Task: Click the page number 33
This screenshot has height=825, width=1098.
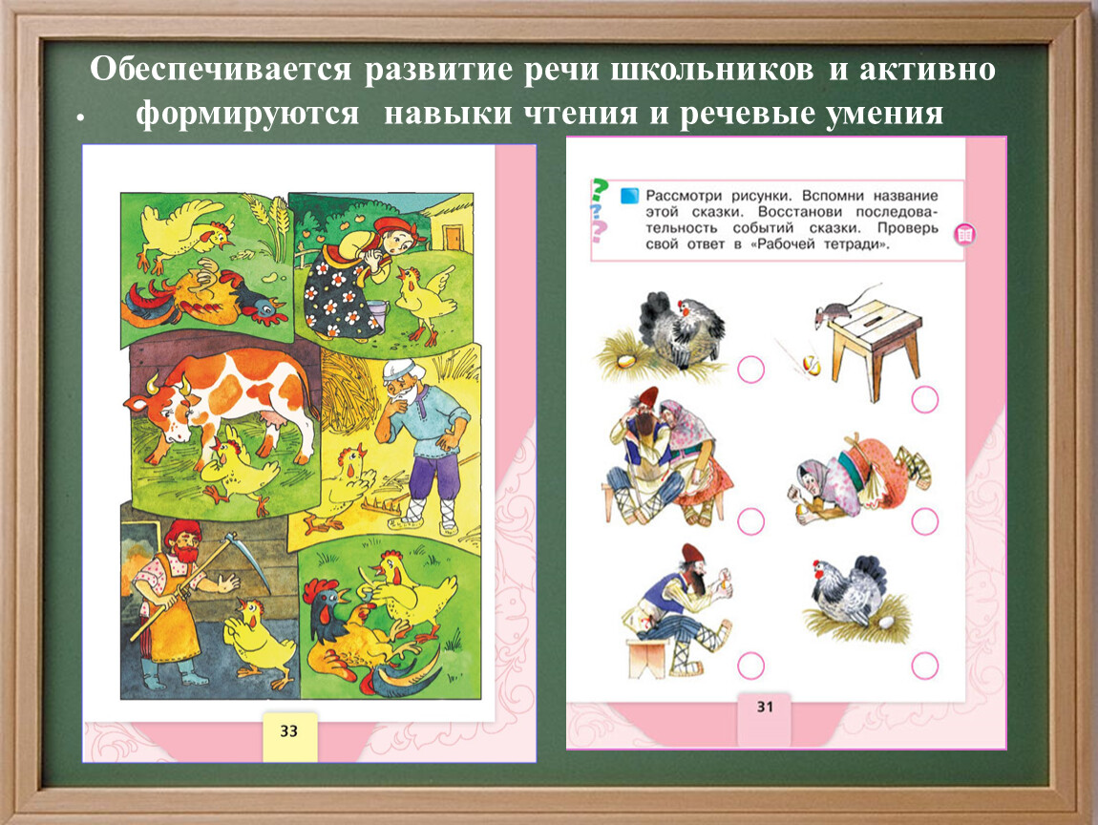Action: point(289,731)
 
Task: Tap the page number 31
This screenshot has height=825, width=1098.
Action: point(766,708)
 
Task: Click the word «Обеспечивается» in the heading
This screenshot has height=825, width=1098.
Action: point(220,69)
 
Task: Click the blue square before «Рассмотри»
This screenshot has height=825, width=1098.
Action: point(629,195)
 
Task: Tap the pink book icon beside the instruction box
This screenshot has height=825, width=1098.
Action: point(965,235)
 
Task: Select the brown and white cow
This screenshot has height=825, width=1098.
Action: point(221,406)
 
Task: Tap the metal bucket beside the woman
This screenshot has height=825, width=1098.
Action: point(377,313)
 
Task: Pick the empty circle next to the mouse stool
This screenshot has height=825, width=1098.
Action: point(925,399)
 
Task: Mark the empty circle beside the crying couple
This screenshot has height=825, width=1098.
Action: point(750,521)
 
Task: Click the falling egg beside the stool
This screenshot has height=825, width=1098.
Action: point(811,365)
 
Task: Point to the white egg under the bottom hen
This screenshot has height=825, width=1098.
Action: point(887,622)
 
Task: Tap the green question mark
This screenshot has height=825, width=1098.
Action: point(599,190)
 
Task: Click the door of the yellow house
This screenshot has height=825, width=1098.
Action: point(453,238)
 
